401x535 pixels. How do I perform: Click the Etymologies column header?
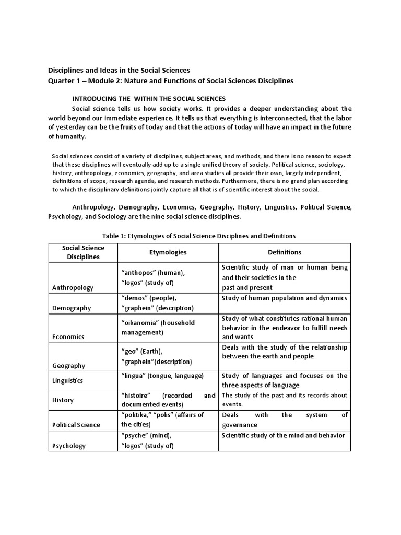pyautogui.click(x=168, y=252)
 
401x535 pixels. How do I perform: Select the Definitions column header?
pyautogui.click(x=284, y=252)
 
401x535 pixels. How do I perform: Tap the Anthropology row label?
pyautogui.click(x=73, y=288)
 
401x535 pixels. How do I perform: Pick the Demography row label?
pyautogui.click(x=72, y=308)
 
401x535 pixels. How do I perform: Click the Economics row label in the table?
pyautogui.click(x=68, y=337)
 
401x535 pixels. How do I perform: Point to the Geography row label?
pyautogui.click(x=69, y=366)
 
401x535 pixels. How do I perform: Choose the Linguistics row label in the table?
pyautogui.click(x=67, y=381)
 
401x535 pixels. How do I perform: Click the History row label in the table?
pyautogui.click(x=63, y=400)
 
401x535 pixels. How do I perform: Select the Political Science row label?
pyautogui.click(x=76, y=425)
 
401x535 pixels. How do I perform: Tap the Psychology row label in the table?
pyautogui.click(x=69, y=446)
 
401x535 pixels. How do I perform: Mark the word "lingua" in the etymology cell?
pyautogui.click(x=134, y=376)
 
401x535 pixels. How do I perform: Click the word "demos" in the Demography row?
pyautogui.click(x=135, y=298)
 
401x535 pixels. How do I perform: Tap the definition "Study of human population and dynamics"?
pyautogui.click(x=284, y=298)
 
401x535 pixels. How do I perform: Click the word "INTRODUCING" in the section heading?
pyautogui.click(x=94, y=98)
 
